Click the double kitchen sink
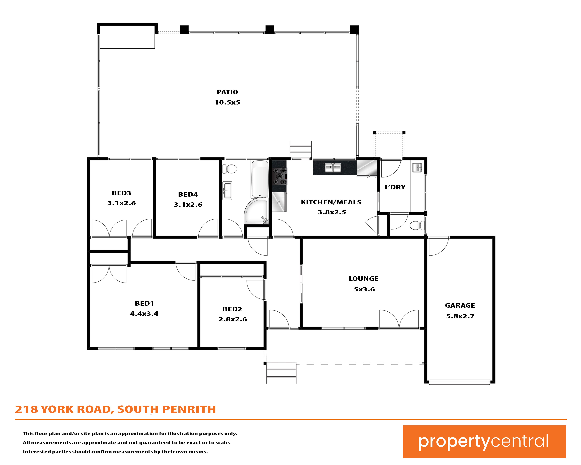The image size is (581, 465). pyautogui.click(x=333, y=168)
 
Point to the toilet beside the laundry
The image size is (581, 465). pyautogui.click(x=417, y=225)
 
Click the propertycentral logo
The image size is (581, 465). pyautogui.click(x=484, y=442)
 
